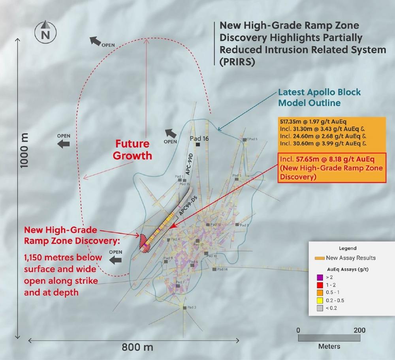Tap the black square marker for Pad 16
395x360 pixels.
pos(198,145)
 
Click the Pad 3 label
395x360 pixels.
pos(192,307)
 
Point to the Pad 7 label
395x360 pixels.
pos(181,282)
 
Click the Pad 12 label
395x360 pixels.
pos(216,225)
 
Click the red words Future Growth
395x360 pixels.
pos(132,150)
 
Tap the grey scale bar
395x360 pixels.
pos(329,338)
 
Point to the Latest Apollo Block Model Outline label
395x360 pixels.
pos(319,97)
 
